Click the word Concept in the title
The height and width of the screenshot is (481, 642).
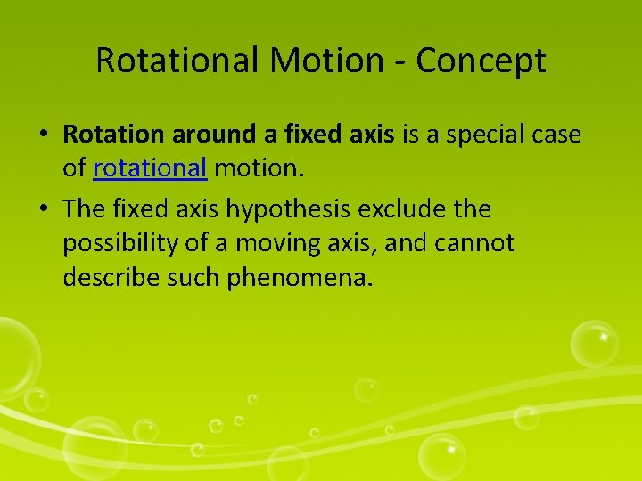[x=481, y=61]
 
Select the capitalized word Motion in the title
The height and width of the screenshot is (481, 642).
[x=320, y=61]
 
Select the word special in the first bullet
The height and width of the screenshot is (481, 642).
[x=481, y=135]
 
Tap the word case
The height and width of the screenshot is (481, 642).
[x=556, y=135]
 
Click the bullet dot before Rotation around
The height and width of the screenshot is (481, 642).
[x=44, y=135]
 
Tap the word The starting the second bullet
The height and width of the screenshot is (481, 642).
[x=85, y=209]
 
